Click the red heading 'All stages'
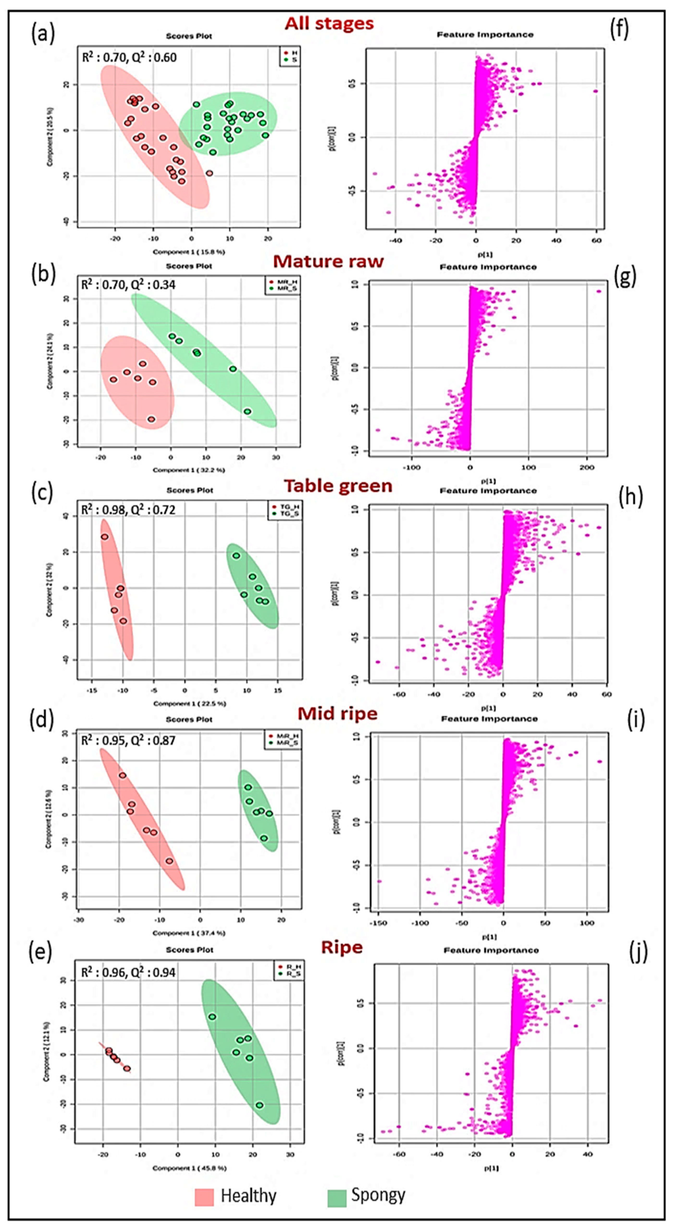pyautogui.click(x=329, y=23)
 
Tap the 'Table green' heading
pyautogui.click(x=338, y=486)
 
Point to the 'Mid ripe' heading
pyautogui.click(x=337, y=714)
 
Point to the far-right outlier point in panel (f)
pyautogui.click(x=596, y=91)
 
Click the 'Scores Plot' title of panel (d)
pyautogui.click(x=189, y=719)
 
